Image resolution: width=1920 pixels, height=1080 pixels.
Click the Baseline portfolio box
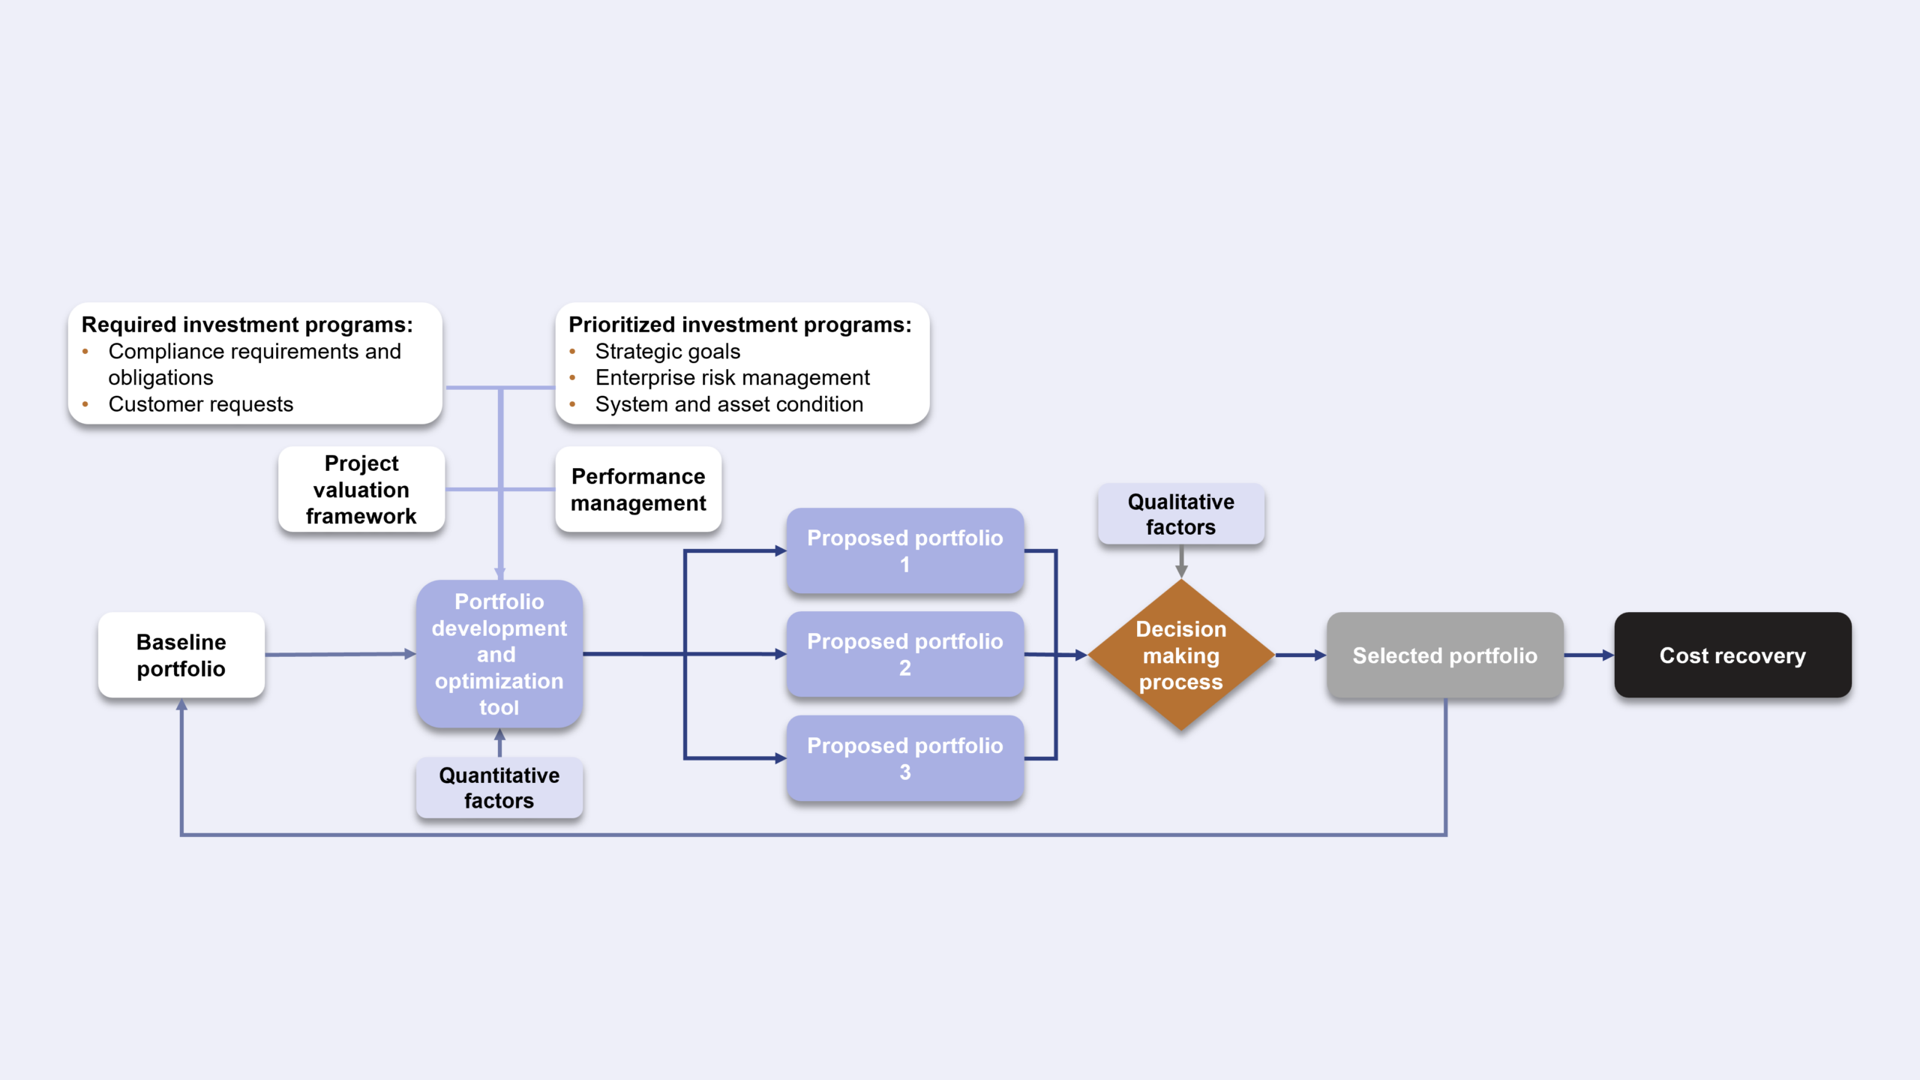pos(181,655)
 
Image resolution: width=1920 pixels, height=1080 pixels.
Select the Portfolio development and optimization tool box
pos(499,654)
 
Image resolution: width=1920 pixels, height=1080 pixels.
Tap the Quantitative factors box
pos(499,787)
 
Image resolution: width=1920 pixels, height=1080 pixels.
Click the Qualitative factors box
pos(1180,514)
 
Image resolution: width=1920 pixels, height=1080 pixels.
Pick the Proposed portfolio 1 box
pos(904,550)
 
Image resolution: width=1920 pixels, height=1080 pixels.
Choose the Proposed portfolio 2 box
pos(904,654)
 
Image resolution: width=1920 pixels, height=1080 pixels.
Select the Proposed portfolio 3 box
pos(904,758)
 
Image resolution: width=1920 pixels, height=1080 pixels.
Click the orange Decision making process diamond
pos(1180,655)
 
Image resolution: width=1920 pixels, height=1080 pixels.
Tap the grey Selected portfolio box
pos(1444,655)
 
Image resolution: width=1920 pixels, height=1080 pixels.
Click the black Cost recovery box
pos(1732,655)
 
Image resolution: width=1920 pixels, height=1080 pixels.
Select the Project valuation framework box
pos(361,490)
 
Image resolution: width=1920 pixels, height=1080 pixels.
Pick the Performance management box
pos(638,490)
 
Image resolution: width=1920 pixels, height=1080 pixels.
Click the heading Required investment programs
pos(247,325)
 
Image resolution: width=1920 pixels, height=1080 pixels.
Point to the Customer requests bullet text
pos(200,404)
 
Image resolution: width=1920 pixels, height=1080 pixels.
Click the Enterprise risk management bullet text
pos(732,377)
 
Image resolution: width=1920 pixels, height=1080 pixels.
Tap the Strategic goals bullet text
pos(667,351)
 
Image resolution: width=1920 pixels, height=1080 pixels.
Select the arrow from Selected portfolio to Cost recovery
pos(1588,655)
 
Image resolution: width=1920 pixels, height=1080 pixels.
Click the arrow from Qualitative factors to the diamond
pos(1180,561)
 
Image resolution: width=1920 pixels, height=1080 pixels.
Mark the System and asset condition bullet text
pos(729,404)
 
